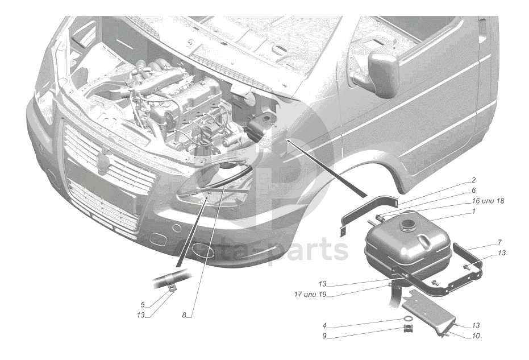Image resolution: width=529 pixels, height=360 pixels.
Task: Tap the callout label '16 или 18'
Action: click(x=488, y=201)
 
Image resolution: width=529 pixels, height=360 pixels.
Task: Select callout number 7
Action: click(x=499, y=242)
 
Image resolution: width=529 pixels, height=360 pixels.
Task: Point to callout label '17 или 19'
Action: click(x=310, y=295)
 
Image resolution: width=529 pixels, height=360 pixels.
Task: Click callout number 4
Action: click(x=324, y=326)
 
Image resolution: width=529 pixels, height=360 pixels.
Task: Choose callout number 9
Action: click(x=324, y=336)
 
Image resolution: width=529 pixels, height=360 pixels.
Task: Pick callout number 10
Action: click(x=476, y=336)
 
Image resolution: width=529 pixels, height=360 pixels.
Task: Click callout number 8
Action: click(x=184, y=316)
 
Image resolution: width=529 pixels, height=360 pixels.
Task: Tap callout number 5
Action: click(x=143, y=305)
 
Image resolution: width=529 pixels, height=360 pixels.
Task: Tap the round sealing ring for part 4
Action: click(x=408, y=319)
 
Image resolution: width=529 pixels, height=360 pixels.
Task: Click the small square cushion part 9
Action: click(x=408, y=328)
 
